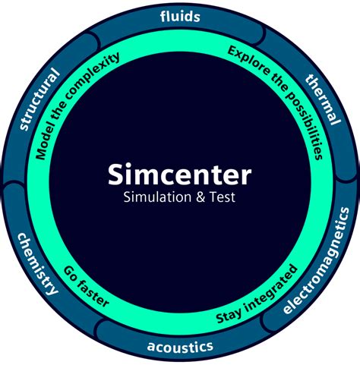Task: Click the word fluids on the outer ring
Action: pos(180,15)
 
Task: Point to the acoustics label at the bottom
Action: pos(180,348)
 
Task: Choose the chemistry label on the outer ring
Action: pos(37,263)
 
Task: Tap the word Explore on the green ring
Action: pos(245,58)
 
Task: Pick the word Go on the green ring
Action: pos(71,271)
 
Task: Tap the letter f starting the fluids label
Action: pos(163,15)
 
